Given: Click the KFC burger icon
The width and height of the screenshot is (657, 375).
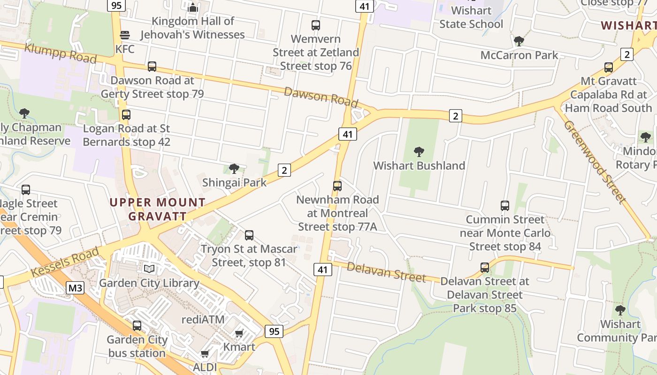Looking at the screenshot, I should coord(125,35).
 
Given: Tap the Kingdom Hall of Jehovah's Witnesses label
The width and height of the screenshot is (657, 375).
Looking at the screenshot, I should coord(192,28).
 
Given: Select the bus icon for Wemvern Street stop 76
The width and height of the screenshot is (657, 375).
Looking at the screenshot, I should coord(316,25).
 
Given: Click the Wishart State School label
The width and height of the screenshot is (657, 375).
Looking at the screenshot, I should coord(471,17).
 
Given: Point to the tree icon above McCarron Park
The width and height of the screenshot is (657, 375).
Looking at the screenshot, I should coord(519,41).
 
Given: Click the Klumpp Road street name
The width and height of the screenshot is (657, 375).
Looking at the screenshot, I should coord(60,52).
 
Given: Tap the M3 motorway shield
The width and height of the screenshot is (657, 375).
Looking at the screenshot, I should coord(75,287).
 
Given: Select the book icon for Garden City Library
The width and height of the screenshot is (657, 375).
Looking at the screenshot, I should coord(149,269).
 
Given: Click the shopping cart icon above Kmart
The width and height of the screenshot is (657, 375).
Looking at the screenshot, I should coord(239,334).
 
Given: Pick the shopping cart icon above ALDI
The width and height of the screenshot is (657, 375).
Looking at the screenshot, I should coord(205,354).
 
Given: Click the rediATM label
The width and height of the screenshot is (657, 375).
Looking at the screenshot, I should coord(203,319).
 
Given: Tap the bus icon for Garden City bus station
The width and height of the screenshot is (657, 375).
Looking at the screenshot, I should coord(137,325).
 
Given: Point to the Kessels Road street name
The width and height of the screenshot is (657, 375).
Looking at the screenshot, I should coord(65,262).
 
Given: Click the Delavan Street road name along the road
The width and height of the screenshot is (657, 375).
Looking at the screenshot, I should coord(386,272).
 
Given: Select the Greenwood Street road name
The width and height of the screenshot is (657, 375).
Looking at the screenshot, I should coord(595,162).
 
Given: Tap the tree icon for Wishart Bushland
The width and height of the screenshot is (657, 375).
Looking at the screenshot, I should coord(419,152).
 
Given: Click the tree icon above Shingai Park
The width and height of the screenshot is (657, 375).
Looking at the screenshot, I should coord(234,169).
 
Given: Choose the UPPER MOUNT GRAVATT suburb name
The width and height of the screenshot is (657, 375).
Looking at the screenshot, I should coord(158,209).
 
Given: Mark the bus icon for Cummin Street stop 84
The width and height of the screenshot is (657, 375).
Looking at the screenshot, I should coord(505,206).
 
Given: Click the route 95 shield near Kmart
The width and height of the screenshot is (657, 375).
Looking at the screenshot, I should coord(274,331).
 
